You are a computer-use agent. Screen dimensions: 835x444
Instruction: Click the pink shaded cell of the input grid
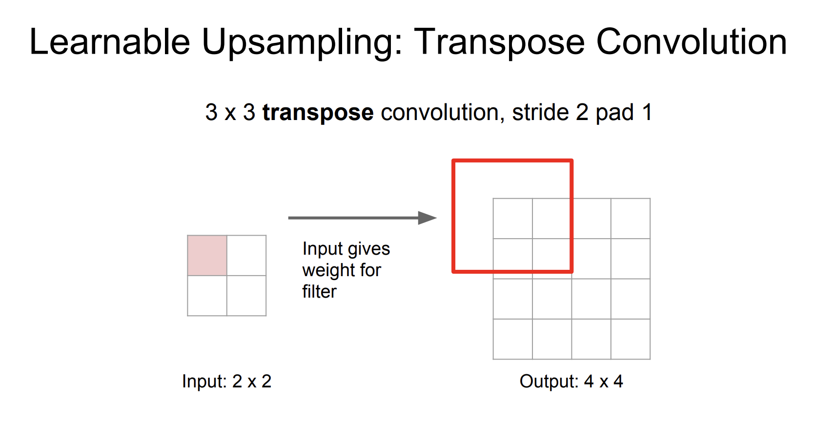[207, 255]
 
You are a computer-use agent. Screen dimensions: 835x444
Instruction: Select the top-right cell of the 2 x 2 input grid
[246, 255]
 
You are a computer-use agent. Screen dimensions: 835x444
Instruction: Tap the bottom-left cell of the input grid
[207, 296]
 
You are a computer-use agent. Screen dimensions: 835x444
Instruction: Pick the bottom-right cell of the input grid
[246, 296]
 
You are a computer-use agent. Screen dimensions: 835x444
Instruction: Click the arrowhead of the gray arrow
[427, 218]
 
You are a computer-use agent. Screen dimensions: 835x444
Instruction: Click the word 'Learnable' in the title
[110, 41]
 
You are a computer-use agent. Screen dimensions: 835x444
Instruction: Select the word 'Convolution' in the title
[692, 41]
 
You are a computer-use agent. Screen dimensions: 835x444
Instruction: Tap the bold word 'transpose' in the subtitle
[318, 113]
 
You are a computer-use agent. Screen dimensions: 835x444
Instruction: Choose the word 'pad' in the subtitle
[615, 113]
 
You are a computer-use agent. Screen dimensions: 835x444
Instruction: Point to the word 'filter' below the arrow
[320, 291]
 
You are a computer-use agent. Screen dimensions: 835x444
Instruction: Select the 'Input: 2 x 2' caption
[226, 382]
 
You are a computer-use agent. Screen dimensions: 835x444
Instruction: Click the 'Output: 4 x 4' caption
[571, 382]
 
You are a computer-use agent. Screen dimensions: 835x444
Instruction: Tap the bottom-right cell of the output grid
[631, 339]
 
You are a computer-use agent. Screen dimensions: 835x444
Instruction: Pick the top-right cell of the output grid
[631, 219]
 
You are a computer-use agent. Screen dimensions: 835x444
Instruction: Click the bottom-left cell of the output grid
[513, 339]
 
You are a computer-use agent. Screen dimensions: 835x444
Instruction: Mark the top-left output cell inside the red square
[513, 219]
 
